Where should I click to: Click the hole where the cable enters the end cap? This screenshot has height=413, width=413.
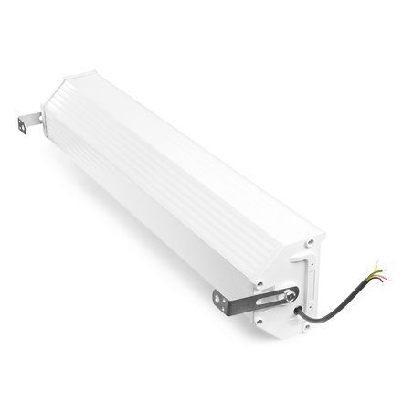click(301, 310)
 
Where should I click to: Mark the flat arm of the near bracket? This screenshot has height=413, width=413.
click(251, 299)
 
